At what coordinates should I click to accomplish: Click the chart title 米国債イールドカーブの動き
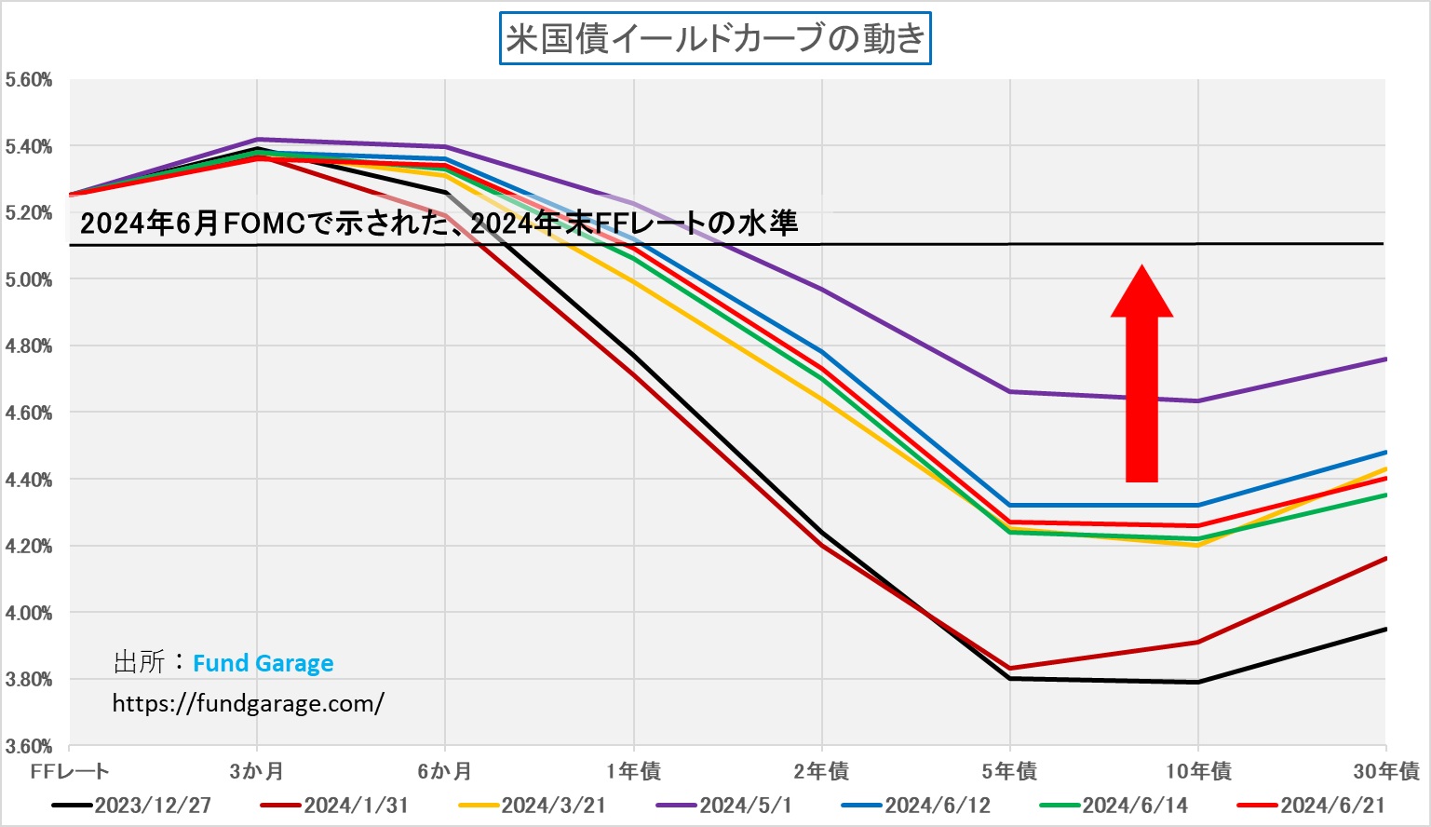pyautogui.click(x=715, y=39)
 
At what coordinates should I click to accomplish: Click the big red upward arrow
pyautogui.click(x=1141, y=377)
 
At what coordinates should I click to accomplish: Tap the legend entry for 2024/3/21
pyautogui.click(x=533, y=806)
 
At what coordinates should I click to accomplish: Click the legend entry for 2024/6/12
pyautogui.click(x=916, y=806)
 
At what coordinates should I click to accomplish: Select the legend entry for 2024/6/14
pyautogui.click(x=1114, y=806)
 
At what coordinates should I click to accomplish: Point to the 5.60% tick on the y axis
pyautogui.click(x=28, y=80)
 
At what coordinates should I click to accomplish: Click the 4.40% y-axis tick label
pyautogui.click(x=28, y=480)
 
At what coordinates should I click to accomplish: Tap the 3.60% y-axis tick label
pyautogui.click(x=28, y=746)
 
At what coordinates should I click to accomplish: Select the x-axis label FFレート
pyautogui.click(x=70, y=771)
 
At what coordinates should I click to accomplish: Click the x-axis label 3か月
pyautogui.click(x=257, y=771)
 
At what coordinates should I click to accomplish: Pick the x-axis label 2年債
pyautogui.click(x=821, y=771)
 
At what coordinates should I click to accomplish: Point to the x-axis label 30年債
pyautogui.click(x=1386, y=771)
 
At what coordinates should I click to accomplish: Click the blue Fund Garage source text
pyautogui.click(x=263, y=663)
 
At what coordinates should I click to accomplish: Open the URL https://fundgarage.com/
pyautogui.click(x=248, y=703)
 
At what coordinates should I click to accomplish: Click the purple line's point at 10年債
pyautogui.click(x=1198, y=401)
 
